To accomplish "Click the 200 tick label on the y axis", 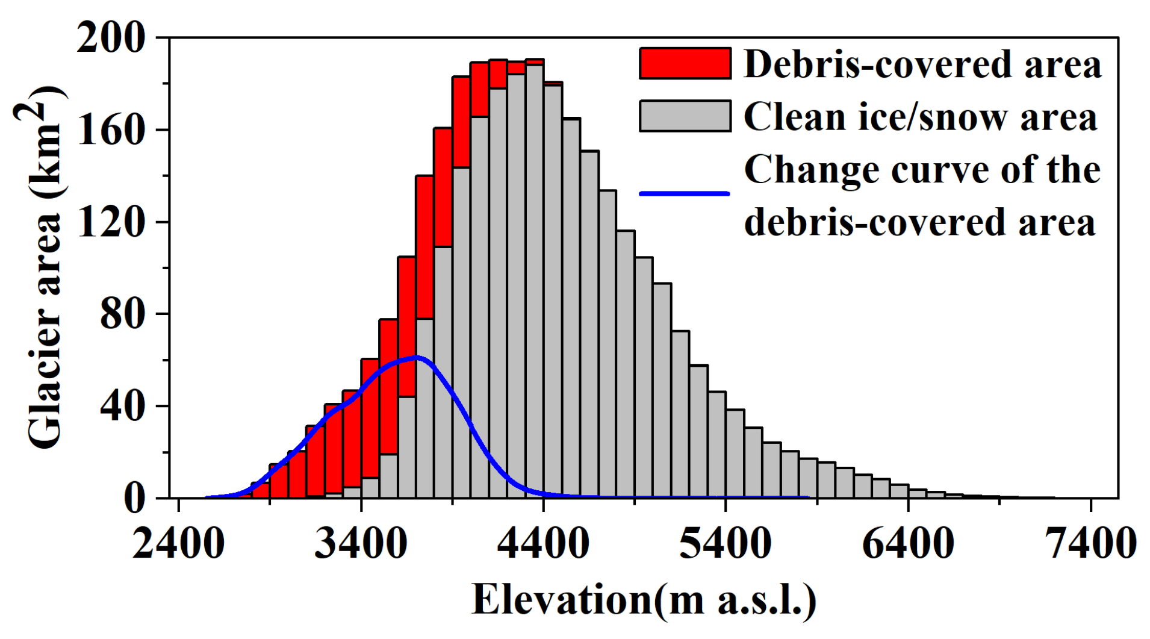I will point(111,38).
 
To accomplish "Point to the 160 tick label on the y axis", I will point(111,130).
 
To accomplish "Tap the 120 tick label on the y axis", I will point(111,222).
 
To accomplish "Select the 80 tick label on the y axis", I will point(123,314).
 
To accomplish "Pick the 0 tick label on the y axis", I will point(135,499).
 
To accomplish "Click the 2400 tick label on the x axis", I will point(178,544).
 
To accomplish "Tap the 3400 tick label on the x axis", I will point(361,544).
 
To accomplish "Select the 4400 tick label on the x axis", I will point(543,544).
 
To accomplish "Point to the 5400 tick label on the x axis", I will point(726,544).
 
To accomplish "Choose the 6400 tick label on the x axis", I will point(908,544).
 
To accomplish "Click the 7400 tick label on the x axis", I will point(1090,544).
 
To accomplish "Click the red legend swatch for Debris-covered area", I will point(685,63).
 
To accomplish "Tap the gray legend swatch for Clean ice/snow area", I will point(685,116).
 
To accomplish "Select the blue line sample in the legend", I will point(685,193).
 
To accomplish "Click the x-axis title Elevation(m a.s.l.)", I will point(644,600).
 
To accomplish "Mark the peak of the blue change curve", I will point(415,357).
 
